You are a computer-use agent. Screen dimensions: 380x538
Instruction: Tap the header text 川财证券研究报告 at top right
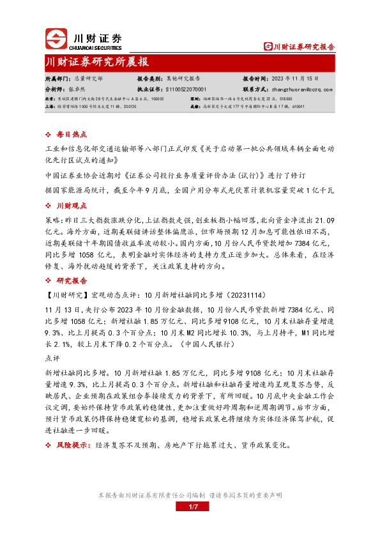(300, 47)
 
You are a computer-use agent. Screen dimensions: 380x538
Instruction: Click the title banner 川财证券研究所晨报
(97, 62)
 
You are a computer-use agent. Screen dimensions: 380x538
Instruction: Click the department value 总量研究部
(88, 77)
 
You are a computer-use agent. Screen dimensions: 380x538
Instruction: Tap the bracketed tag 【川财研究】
(65, 277)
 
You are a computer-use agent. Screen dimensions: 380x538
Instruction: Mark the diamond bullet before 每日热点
(50, 135)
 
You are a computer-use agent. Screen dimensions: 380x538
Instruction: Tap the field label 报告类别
(150, 77)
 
